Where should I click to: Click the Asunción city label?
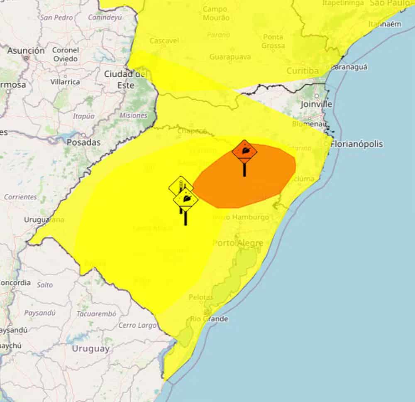[x=26, y=51]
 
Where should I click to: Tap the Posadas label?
[x=83, y=142]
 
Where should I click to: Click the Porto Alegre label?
[x=238, y=243]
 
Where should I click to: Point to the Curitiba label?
[x=303, y=71]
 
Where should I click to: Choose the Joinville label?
[x=316, y=104]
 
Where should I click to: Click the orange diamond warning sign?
[x=244, y=150]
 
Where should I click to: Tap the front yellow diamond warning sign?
[x=186, y=199]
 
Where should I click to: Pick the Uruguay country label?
[x=91, y=348]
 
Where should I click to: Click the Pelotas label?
[x=201, y=297]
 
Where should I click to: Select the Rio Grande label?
[x=209, y=319]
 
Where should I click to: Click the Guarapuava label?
[x=230, y=56]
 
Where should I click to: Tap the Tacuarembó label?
[x=96, y=314]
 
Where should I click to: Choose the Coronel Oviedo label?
[x=65, y=54]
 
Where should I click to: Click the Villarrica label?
[x=65, y=82]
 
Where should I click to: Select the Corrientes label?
[x=20, y=197]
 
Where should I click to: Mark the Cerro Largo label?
[x=137, y=325]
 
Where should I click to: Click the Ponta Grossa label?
[x=273, y=41]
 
